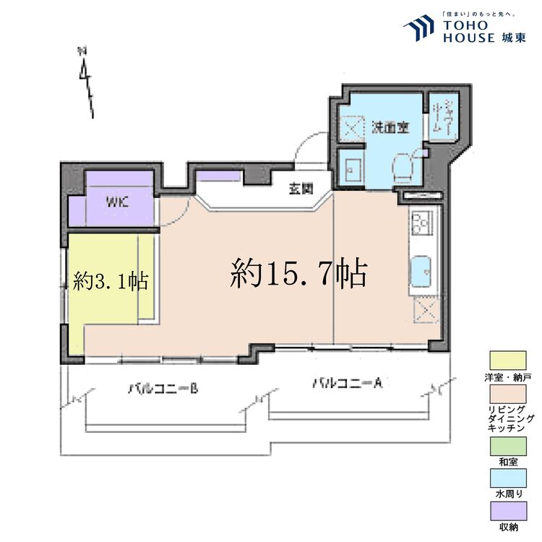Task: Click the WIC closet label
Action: pos(117,202)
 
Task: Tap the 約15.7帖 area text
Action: pos(299,274)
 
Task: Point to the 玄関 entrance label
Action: pos(301,189)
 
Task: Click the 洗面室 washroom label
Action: pos(390,127)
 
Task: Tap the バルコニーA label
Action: pos(346,383)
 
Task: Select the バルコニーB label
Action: pos(163,389)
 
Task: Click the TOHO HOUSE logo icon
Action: pos(418,29)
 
